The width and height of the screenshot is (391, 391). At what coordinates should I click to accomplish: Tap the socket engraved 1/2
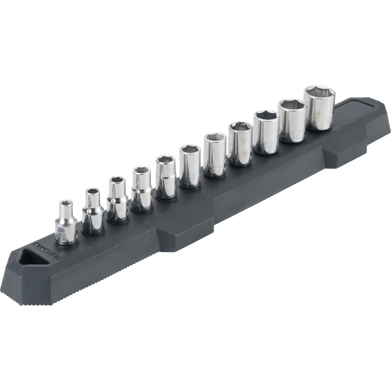tap(292, 121)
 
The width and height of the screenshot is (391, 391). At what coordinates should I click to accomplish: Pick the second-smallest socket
tap(93, 213)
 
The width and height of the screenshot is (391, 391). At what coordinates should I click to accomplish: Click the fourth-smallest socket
tap(142, 190)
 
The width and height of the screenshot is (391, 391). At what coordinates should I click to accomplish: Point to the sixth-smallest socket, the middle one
tap(190, 167)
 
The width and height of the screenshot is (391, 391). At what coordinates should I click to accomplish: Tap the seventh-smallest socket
tap(215, 156)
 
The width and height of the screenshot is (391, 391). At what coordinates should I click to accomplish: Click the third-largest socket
tap(266, 133)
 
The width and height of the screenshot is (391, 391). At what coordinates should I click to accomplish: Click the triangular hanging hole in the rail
tap(34, 257)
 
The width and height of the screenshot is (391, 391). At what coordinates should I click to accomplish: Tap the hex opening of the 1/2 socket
tap(292, 105)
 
